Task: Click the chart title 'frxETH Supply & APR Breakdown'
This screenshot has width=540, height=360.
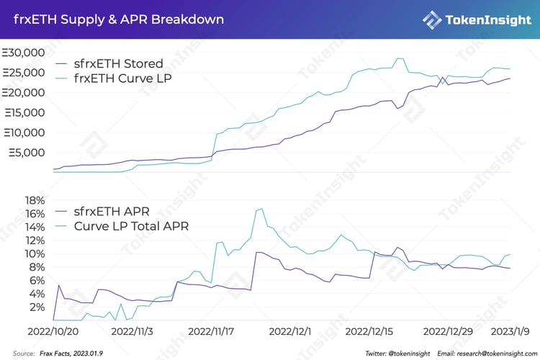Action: [x=119, y=19]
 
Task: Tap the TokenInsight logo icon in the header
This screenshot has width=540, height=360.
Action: [x=433, y=19]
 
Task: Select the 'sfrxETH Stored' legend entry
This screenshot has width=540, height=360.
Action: [x=118, y=64]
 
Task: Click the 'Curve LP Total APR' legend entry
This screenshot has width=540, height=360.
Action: [x=131, y=226]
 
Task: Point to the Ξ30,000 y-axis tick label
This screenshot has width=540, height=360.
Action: [x=24, y=53]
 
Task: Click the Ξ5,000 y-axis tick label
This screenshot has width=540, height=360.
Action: [x=27, y=153]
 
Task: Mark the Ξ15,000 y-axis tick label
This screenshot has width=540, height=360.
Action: [x=24, y=112]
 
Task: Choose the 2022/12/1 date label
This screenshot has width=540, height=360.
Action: [x=290, y=332]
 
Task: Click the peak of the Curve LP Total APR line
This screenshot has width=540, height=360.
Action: [x=260, y=209]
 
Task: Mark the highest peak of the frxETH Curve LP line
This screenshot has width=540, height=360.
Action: [x=399, y=58]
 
